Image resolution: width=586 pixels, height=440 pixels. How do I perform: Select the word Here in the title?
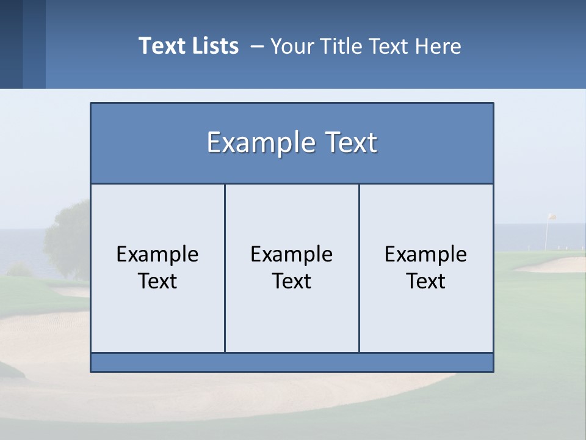point(438,46)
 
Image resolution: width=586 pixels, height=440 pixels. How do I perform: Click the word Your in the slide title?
point(290,46)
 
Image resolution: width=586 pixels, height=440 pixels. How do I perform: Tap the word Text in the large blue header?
point(348,142)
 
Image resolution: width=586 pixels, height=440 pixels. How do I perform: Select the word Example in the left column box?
point(157,254)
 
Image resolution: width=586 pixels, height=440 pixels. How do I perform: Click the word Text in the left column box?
point(157,281)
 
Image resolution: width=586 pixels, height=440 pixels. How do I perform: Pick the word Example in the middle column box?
point(292,254)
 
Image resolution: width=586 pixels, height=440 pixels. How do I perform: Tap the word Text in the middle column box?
point(292,281)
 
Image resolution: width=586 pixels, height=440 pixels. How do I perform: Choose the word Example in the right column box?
point(426,254)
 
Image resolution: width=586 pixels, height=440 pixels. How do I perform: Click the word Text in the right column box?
point(426,281)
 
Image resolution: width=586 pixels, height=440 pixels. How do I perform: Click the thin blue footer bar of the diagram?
point(292,362)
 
